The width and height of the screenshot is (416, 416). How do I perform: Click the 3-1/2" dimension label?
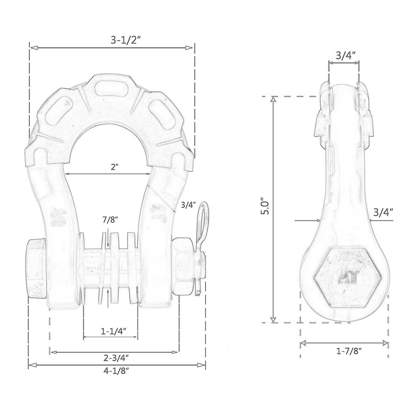click(x=125, y=40)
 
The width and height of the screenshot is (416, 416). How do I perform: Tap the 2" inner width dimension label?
click(x=114, y=167)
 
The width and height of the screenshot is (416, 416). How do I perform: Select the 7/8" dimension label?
click(x=110, y=220)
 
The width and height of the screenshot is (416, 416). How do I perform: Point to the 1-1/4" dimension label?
click(x=113, y=331)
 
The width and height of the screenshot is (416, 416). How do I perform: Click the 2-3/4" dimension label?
click(x=116, y=358)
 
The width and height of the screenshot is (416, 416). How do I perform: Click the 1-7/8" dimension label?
click(x=349, y=351)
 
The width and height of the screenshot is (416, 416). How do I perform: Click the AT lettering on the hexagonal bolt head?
click(x=348, y=277)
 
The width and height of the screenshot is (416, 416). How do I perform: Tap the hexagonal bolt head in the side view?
click(x=348, y=277)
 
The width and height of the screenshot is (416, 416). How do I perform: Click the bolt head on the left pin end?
click(x=36, y=268)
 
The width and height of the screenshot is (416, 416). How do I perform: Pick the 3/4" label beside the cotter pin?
click(x=188, y=205)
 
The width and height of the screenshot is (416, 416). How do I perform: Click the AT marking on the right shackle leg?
click(x=158, y=213)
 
